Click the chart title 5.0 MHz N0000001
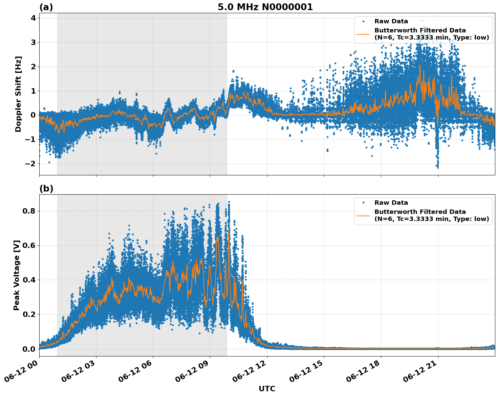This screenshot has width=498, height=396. coord(265,7)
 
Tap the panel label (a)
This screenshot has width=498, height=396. coord(46,7)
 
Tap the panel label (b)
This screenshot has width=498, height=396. coord(46,189)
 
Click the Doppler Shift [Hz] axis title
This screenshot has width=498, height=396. coord(18,94)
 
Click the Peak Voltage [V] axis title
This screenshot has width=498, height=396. coord(17,275)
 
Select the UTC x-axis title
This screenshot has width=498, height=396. coord(267,389)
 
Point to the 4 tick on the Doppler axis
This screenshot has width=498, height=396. coord(33,18)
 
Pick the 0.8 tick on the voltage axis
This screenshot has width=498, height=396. coord(30,211)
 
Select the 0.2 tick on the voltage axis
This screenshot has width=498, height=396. coord(30,314)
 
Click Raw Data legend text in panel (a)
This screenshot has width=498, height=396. coord(391,21)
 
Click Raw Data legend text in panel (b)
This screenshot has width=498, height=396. coord(391,203)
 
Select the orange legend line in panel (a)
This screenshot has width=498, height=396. coord(363,34)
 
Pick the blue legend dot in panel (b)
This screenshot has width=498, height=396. coord(363,203)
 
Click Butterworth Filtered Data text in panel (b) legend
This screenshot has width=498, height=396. coord(420,212)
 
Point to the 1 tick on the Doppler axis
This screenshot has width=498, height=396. coord(33,91)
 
